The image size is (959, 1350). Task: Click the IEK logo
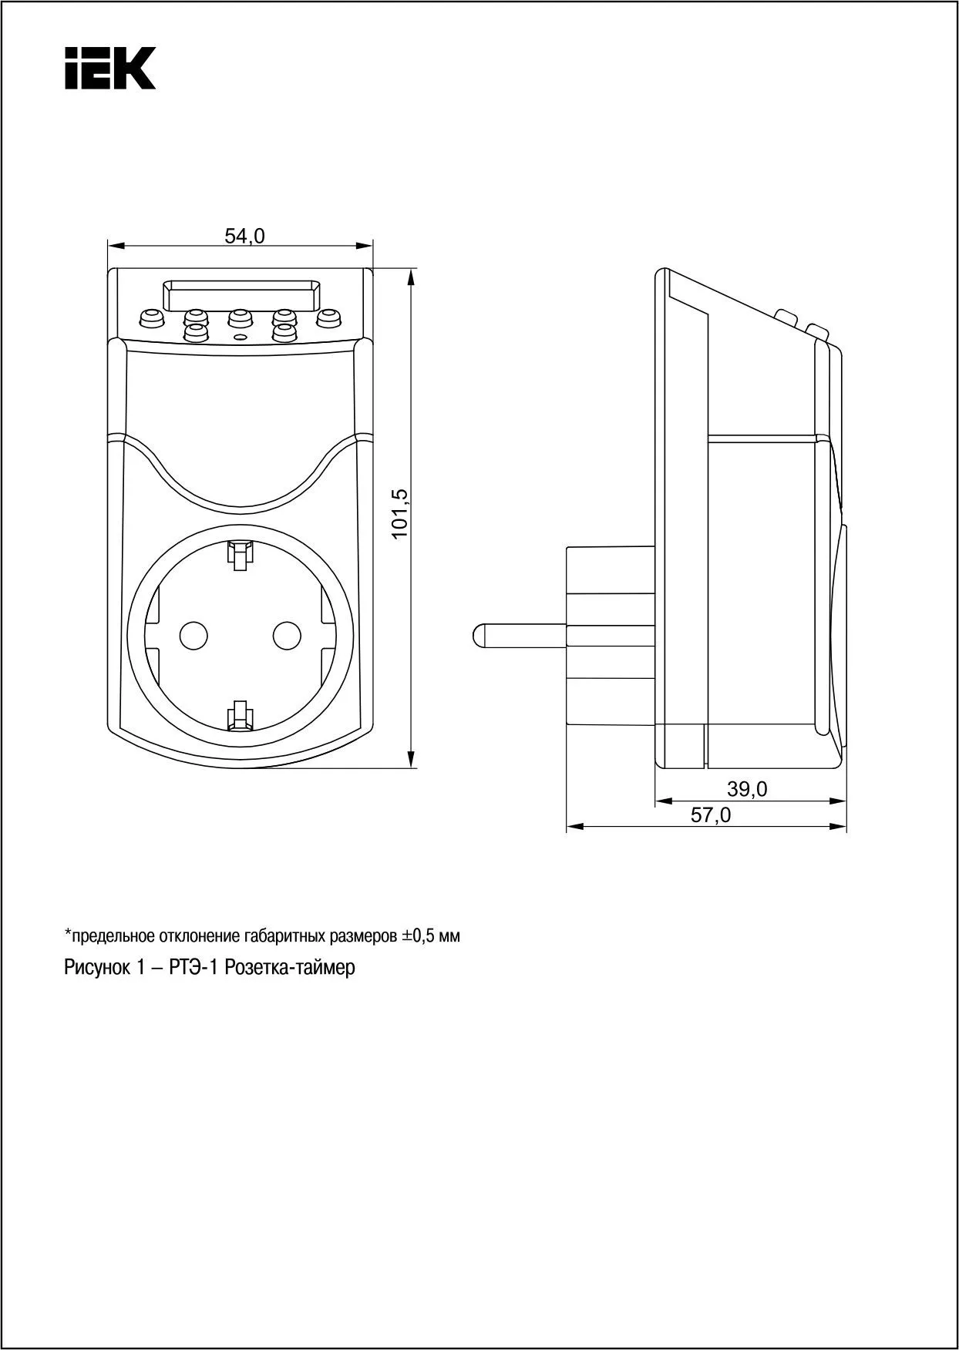point(110,68)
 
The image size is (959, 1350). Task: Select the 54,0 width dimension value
point(244,237)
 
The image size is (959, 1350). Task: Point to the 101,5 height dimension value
point(399,514)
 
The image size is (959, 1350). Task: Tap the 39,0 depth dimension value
point(747,789)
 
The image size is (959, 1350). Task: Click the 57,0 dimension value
point(710,814)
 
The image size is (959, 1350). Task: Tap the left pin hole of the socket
point(193,634)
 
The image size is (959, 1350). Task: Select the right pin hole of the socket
point(287,634)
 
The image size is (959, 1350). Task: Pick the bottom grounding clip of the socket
point(240,715)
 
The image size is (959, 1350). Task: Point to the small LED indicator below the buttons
point(240,337)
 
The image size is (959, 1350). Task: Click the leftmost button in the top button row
point(150,317)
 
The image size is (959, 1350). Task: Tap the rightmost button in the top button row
point(329,317)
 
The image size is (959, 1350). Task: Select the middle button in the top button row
point(240,317)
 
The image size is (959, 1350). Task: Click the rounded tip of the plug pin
point(479,634)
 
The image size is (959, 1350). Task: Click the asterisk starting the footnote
point(67,934)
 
